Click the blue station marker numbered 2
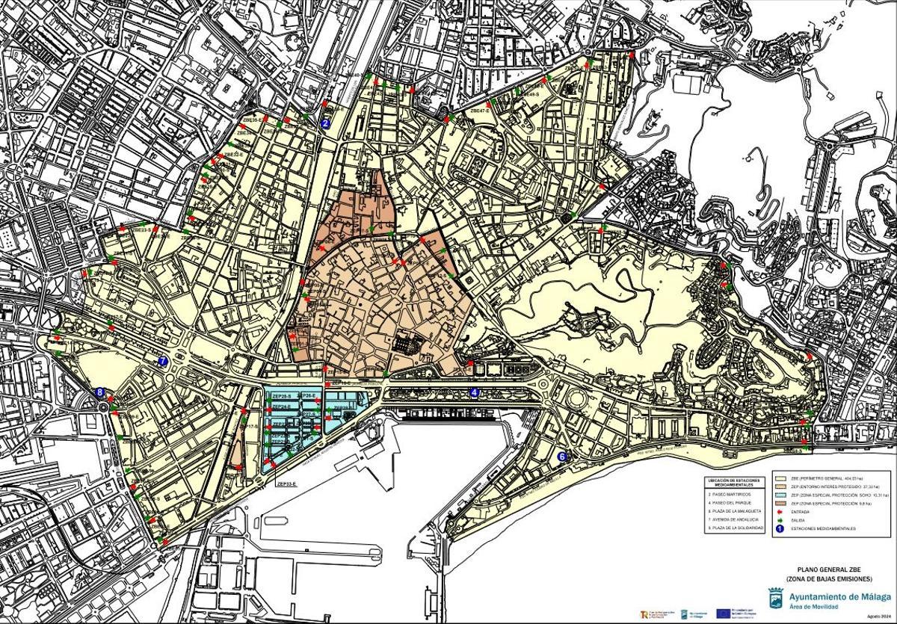coord(325,124)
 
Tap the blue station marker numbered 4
coord(475,392)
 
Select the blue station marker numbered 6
coord(562,456)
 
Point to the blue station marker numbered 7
coord(163,361)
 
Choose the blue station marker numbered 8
coord(101,392)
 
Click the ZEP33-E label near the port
coord(286,484)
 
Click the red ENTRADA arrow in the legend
coord(780,512)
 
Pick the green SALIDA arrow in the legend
coord(780,520)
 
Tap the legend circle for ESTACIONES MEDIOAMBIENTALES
coord(780,529)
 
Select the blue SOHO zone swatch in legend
coord(780,495)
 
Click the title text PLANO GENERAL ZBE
coord(829,569)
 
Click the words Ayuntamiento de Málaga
coord(839,596)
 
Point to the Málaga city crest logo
coord(776,598)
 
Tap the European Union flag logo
coord(723,614)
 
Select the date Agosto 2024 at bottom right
coord(879,617)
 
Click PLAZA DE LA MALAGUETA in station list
coord(736,511)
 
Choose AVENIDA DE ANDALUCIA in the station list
coord(735,519)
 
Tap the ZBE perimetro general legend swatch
coord(780,478)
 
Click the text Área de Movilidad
coord(813,607)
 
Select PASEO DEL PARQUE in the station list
coord(731,503)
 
